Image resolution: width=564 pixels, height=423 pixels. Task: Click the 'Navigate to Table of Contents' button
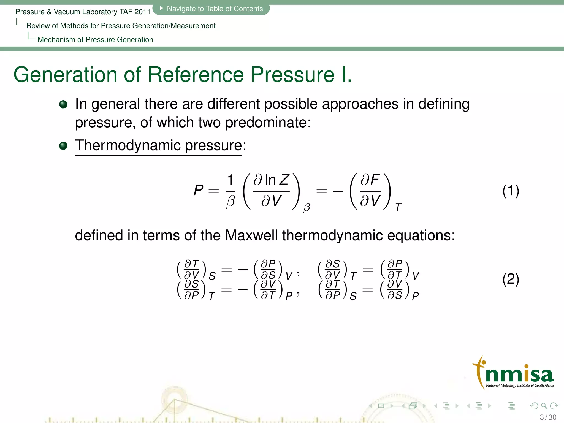click(211, 9)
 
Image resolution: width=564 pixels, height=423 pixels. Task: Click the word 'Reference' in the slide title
click(196, 75)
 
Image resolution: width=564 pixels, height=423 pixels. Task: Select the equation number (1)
click(511, 191)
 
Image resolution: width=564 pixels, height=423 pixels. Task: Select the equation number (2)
click(511, 279)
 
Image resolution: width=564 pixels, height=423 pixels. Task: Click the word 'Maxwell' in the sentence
click(251, 236)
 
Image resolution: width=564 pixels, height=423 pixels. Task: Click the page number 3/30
click(548, 417)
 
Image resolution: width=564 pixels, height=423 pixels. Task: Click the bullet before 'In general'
click(63, 104)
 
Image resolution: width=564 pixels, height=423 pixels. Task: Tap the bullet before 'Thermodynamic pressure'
click(63, 146)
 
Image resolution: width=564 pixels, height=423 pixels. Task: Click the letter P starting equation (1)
click(198, 190)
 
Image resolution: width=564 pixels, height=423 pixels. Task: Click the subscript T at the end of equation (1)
click(398, 207)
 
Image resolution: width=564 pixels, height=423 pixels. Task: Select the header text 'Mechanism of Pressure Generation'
click(95, 40)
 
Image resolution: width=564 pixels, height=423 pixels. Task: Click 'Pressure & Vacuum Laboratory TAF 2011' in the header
click(83, 12)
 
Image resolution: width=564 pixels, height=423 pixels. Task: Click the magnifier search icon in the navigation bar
click(544, 406)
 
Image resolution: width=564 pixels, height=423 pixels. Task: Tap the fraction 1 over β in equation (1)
click(231, 191)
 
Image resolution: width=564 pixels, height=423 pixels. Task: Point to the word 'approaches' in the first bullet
click(360, 104)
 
